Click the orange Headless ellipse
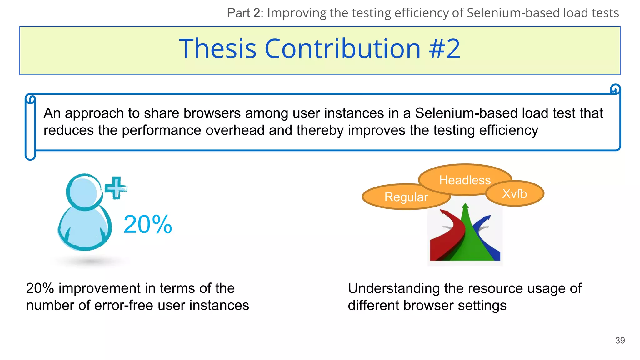click(465, 180)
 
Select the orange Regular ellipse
click(406, 197)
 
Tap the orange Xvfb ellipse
click(515, 194)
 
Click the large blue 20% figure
click(148, 224)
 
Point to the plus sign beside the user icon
click(116, 188)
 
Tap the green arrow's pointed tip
click(465, 206)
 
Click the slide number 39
click(620, 340)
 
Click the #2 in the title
click(444, 49)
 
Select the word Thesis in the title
click(218, 49)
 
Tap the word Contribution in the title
click(342, 49)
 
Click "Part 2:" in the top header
click(245, 13)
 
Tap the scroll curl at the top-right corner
click(615, 89)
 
